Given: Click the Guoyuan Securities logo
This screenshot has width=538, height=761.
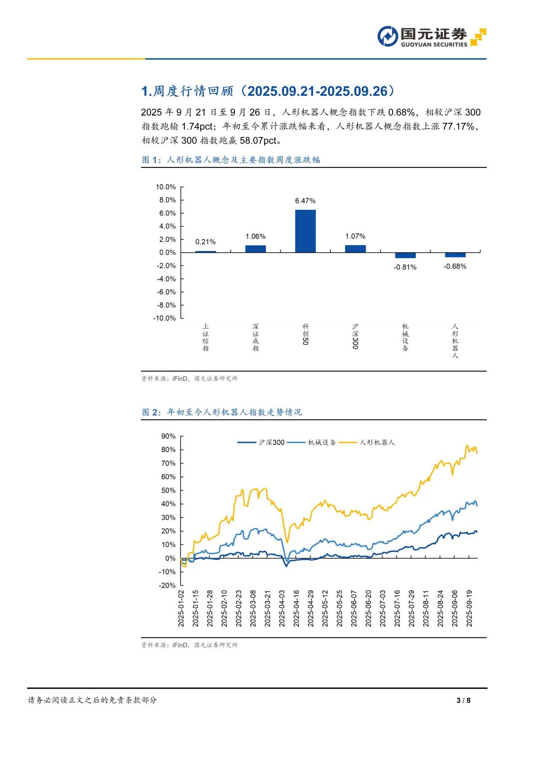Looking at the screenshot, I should pos(431,36).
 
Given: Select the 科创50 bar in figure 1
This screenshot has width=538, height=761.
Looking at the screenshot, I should pos(305,231).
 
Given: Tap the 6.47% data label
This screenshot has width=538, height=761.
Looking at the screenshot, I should pos(305,201).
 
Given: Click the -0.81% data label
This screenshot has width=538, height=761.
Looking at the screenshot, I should pos(405,268).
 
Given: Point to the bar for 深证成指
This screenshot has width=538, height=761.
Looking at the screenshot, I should pos(256,249).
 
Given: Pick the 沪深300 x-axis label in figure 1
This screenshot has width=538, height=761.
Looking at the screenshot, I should pos(355,336).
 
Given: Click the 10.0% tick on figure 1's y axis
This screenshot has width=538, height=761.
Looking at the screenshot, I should pos(166,187).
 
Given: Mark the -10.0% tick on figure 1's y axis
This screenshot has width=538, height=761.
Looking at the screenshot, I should pos(165,318).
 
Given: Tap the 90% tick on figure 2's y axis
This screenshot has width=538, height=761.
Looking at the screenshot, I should pos(168,436).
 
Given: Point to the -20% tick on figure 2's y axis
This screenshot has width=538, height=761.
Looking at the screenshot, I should pos(167,586).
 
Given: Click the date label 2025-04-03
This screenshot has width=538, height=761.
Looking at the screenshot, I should pos(282,609).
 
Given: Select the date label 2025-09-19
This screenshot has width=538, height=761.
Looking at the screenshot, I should pos(469,609).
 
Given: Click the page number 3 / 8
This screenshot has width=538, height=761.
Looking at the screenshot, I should pos(463,700).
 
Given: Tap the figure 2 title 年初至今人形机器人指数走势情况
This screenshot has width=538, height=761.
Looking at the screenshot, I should pos(234,412).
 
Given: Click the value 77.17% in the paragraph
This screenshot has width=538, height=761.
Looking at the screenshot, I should pos(458,127).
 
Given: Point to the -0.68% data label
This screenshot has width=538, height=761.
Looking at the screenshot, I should pos(455,267).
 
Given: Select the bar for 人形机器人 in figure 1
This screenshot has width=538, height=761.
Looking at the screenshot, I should pos(455,255).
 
